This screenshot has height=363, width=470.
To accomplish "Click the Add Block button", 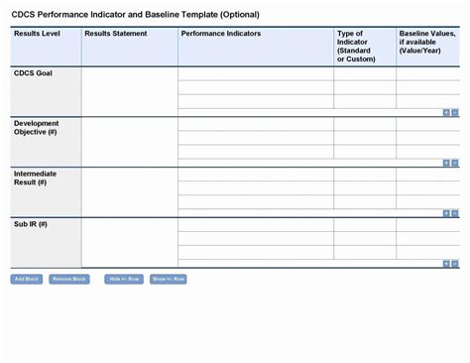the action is (27, 279).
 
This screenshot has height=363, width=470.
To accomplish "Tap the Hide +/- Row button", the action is (123, 279).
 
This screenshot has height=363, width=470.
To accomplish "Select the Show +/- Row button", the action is (168, 279).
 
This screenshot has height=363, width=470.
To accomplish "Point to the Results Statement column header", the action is (116, 34).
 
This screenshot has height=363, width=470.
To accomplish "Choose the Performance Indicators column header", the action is (221, 34).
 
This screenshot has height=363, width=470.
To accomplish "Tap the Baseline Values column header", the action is (425, 42).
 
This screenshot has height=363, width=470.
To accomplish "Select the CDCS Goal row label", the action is (34, 74).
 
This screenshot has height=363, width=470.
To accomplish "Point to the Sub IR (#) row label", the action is (31, 224).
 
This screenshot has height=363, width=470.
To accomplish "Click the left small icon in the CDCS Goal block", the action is (446, 112).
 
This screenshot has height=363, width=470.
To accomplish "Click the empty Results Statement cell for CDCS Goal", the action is (129, 91).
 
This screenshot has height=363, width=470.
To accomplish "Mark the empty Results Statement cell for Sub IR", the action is (129, 242).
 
